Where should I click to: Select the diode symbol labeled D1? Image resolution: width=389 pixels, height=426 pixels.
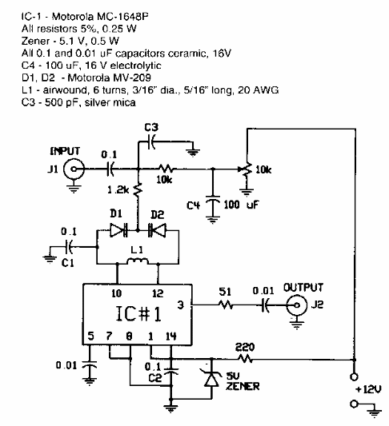tap(122, 230)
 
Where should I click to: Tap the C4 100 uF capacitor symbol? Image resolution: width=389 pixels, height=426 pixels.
tap(213, 205)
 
